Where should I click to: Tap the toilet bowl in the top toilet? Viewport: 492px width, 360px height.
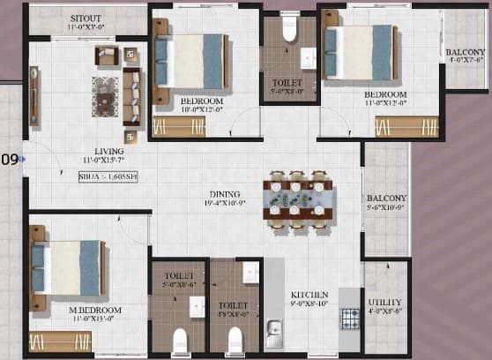click(x=288, y=30)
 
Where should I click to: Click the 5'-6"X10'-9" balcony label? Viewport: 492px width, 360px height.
click(x=386, y=204)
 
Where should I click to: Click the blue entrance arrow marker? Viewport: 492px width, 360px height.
click(x=24, y=160)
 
